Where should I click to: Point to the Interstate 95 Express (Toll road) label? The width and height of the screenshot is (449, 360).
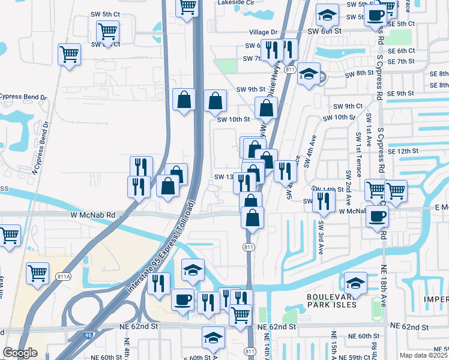161,247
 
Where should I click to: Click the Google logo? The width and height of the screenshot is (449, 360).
19,353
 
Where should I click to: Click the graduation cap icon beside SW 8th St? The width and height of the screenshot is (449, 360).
309,74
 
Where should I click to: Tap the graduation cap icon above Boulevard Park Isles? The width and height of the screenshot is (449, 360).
355,283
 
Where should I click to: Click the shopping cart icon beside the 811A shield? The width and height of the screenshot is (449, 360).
38,273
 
